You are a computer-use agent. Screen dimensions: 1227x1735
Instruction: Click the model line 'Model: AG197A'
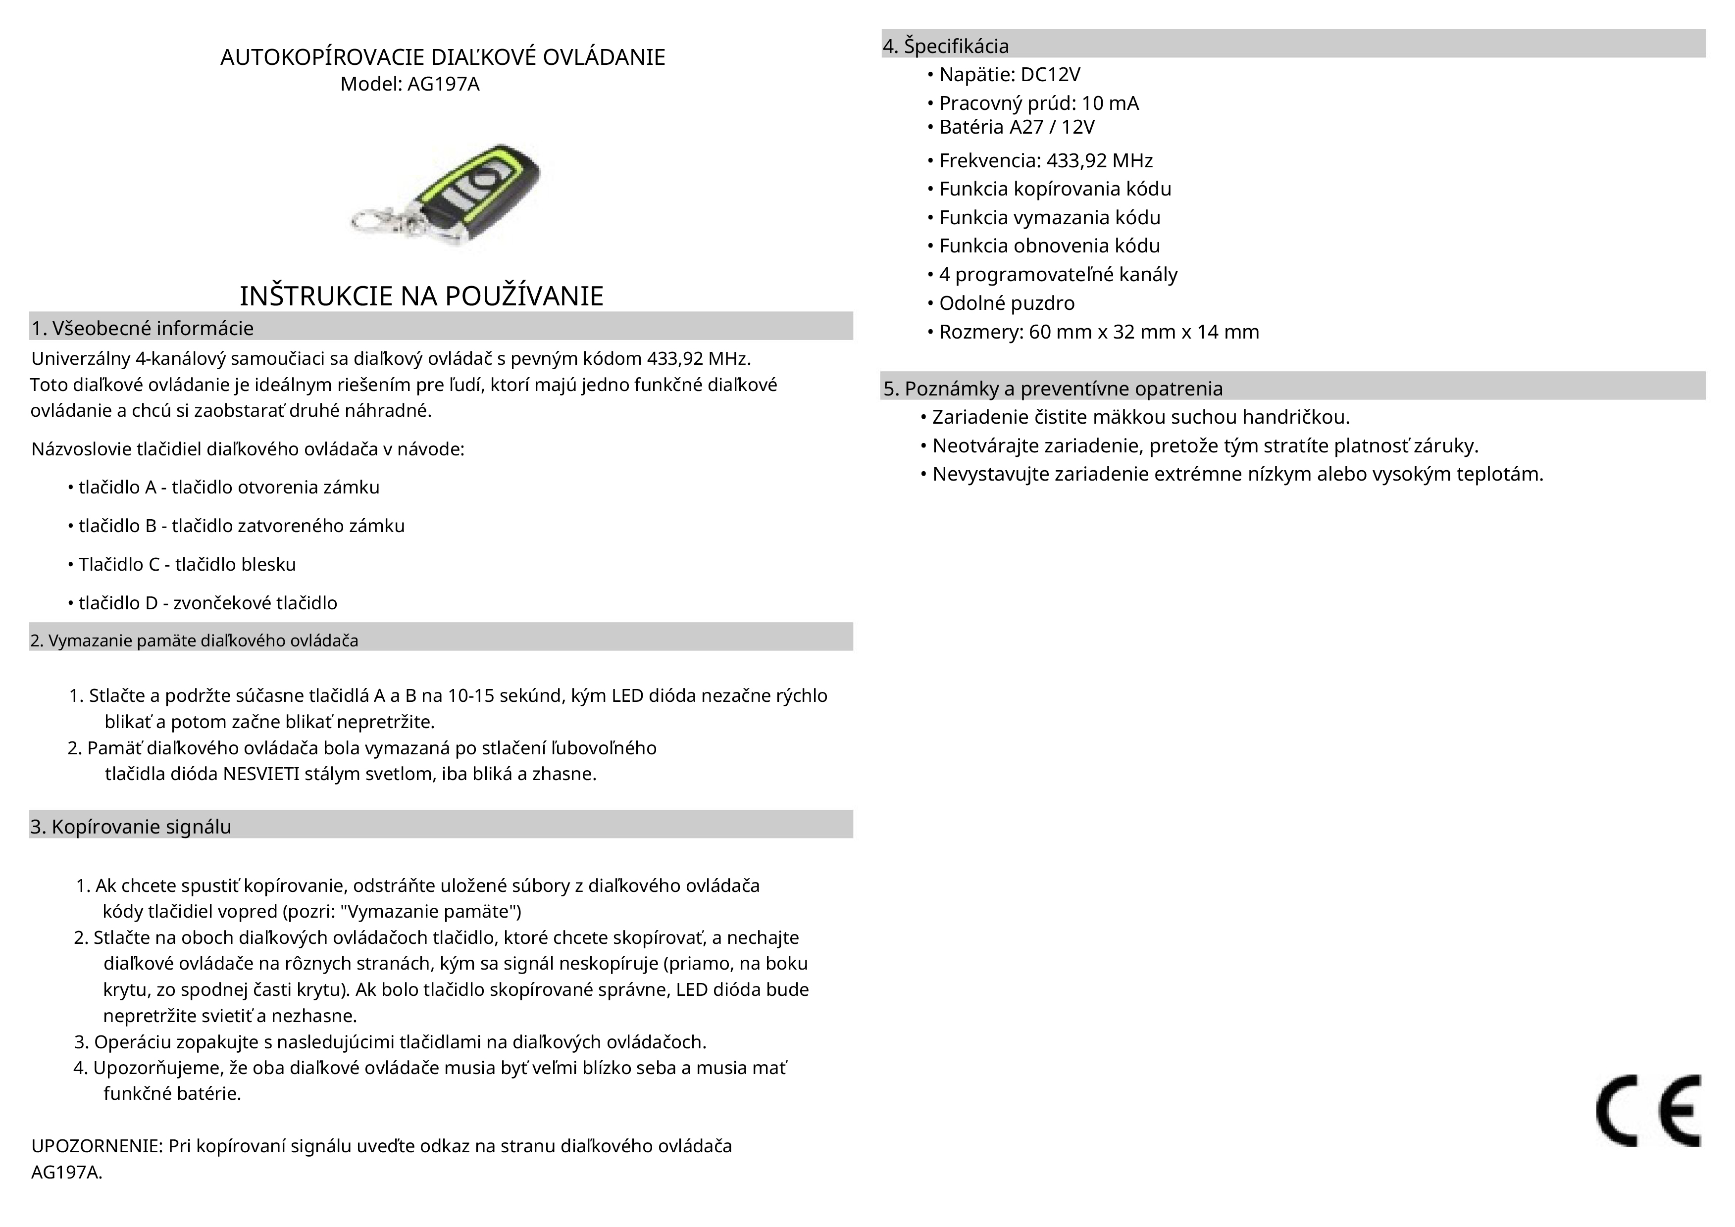pos(409,84)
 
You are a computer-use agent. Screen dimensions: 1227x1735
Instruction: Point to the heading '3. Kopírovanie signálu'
pos(131,827)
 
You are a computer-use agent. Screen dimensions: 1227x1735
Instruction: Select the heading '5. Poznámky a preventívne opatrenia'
pos(1053,389)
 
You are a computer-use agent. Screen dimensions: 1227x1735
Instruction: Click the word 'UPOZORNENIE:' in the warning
pos(97,1146)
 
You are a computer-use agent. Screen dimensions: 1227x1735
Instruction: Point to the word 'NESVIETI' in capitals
pos(261,775)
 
